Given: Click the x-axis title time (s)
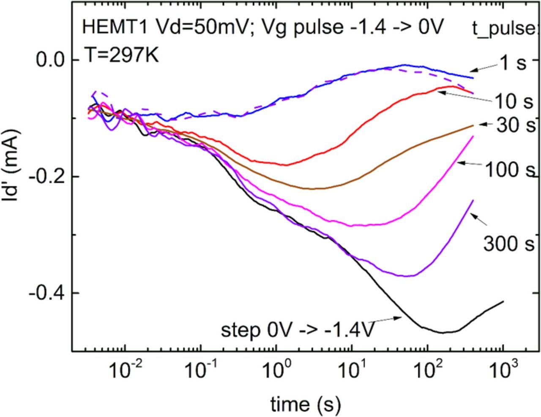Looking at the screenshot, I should pos(305,405).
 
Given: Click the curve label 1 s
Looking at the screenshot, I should pos(513,63).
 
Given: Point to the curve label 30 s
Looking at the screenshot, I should pos(515,125).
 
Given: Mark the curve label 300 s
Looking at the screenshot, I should pos(509,244).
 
